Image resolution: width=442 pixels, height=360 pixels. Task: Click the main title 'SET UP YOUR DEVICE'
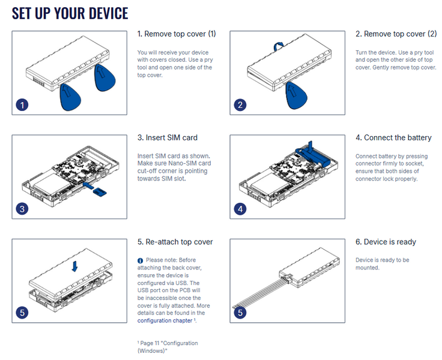pyautogui.click(x=70, y=13)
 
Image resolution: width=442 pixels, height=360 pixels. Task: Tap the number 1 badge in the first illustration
pyautogui.click(x=22, y=105)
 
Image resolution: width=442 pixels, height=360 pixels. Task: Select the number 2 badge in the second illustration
pyautogui.click(x=240, y=105)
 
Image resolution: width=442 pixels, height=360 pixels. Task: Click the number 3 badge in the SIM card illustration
pyautogui.click(x=22, y=209)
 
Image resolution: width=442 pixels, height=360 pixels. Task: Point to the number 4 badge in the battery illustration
pyautogui.click(x=240, y=209)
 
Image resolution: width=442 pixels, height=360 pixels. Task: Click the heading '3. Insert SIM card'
pyautogui.click(x=168, y=138)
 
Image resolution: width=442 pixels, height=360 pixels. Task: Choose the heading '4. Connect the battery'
pyautogui.click(x=393, y=138)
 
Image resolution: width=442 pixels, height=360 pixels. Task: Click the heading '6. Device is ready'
pyautogui.click(x=386, y=242)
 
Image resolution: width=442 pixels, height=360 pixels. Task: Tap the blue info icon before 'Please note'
pyautogui.click(x=141, y=260)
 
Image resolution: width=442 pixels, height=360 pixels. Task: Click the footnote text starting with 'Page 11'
pyautogui.click(x=168, y=346)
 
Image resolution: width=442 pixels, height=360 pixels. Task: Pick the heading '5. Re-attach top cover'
pyautogui.click(x=175, y=242)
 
